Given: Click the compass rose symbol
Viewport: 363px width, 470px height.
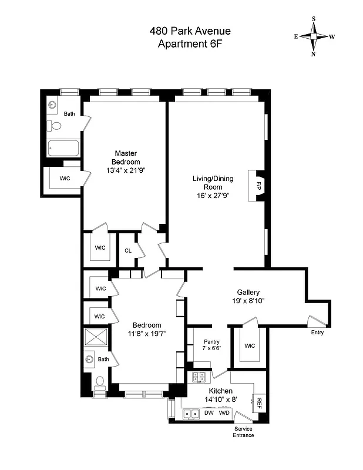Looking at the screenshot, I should [314, 35].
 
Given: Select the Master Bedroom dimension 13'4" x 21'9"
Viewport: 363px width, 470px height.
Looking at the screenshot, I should [126, 170].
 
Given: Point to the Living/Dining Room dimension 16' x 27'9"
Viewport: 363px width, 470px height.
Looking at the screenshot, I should [213, 196].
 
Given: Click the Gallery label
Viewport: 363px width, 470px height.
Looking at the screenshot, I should [248, 292].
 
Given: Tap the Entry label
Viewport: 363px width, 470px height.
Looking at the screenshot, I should [317, 333].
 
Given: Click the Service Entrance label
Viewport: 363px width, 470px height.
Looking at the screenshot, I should [244, 432].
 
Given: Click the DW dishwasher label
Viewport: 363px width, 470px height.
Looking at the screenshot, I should [209, 413].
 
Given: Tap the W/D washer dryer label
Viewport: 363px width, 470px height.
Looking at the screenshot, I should [224, 413].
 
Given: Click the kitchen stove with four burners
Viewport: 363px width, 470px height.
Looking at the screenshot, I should [199, 378].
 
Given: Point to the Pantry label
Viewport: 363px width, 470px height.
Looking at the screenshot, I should [211, 341].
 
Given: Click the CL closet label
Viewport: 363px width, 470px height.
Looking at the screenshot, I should [127, 250].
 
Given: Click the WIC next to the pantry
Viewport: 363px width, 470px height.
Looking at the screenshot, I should [249, 345].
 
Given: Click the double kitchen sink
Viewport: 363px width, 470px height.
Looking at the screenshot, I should [190, 414].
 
